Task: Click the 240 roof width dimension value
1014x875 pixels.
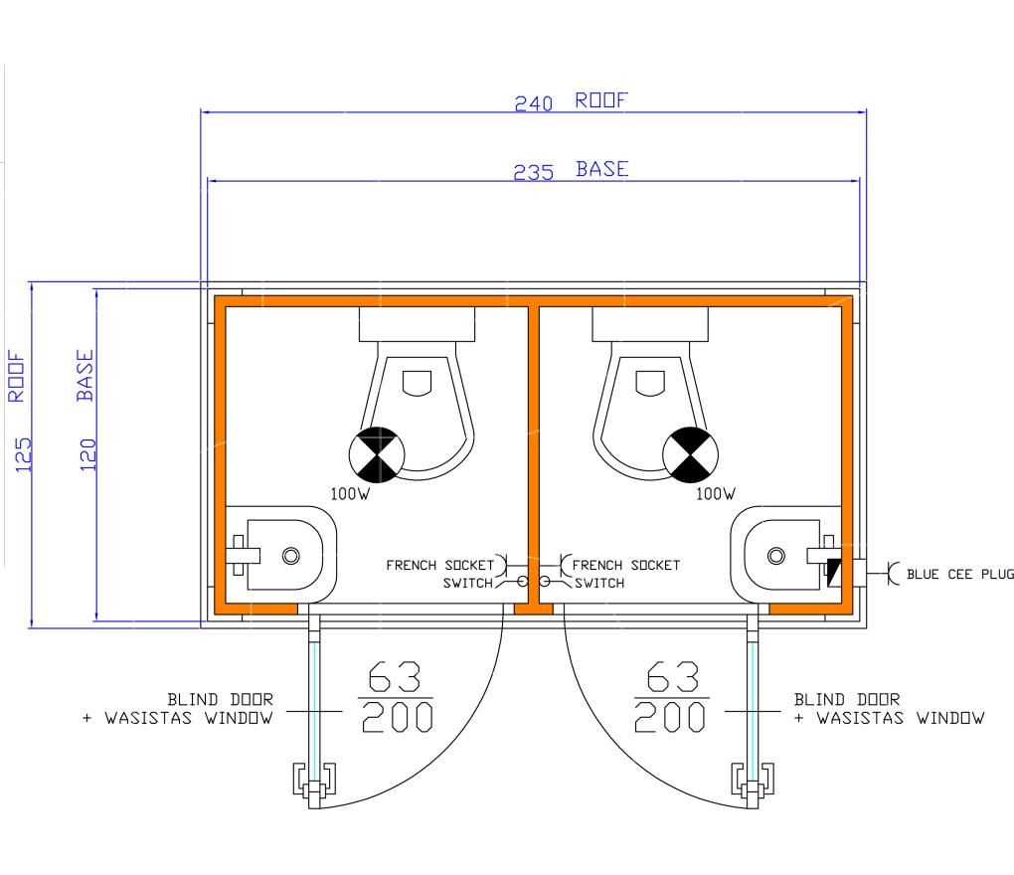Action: point(534,103)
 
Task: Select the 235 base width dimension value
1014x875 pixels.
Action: point(534,173)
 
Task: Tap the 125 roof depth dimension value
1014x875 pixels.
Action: point(23,454)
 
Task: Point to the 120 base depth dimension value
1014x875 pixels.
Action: point(87,454)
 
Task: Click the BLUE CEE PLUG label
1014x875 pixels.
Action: point(959,575)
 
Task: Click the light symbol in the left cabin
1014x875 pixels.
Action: point(377,454)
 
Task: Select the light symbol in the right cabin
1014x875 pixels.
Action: point(691,454)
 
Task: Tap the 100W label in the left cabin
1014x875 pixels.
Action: point(351,494)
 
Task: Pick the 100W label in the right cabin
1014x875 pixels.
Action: point(715,494)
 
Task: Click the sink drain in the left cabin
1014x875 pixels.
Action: point(291,556)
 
